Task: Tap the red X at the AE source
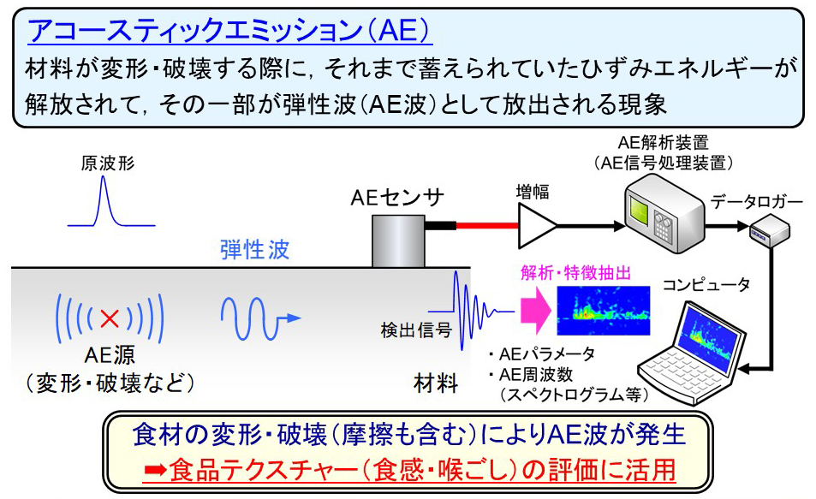click(x=109, y=319)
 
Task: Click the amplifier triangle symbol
click(x=539, y=226)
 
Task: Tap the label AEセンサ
click(x=397, y=198)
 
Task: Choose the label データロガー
click(x=757, y=203)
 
